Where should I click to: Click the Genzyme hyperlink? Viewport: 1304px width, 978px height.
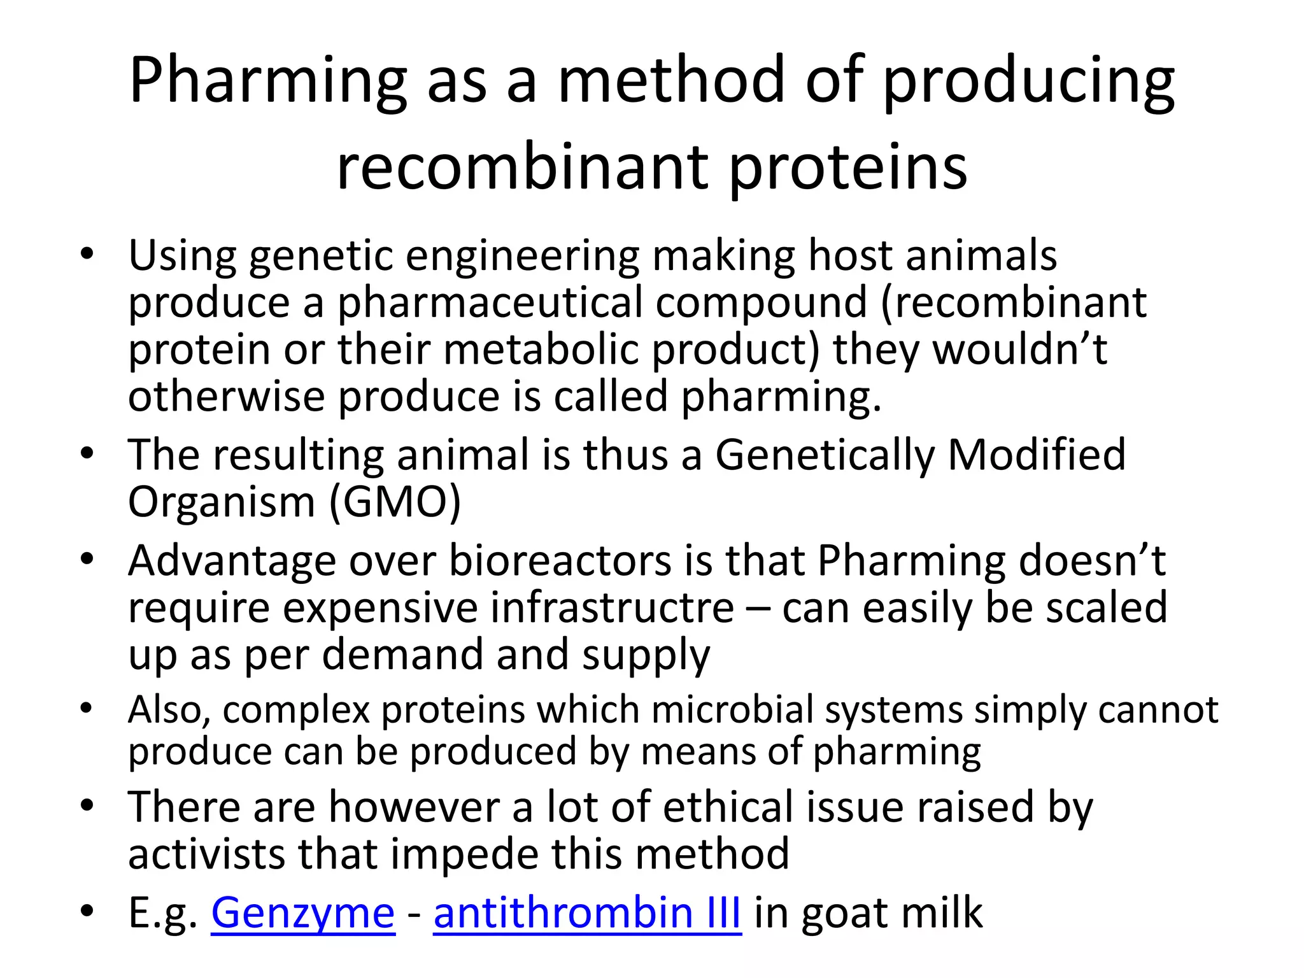(x=302, y=913)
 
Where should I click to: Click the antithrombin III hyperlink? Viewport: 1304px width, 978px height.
(x=587, y=913)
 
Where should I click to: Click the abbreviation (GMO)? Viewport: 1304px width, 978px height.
(x=395, y=502)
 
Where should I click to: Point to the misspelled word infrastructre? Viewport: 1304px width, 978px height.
(x=613, y=607)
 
